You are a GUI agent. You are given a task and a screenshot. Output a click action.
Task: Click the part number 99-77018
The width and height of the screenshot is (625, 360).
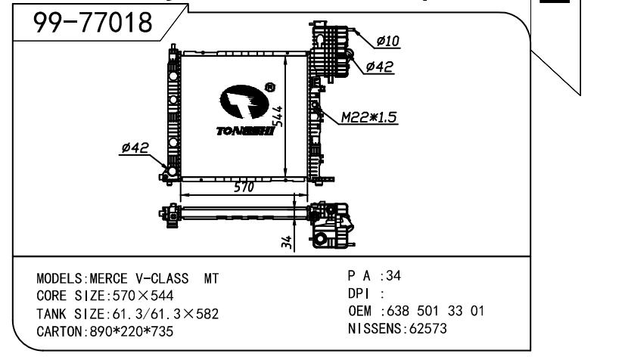(92, 22)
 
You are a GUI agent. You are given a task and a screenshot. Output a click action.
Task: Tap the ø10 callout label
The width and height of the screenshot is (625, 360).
(388, 41)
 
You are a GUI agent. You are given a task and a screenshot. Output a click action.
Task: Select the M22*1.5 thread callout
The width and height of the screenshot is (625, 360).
(369, 117)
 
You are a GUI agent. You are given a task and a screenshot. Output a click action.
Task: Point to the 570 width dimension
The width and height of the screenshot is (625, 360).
(244, 187)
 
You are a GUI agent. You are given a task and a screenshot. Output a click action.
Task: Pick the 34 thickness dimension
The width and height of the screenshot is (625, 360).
(286, 242)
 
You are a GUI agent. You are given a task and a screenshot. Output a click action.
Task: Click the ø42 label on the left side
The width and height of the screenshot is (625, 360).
(135, 147)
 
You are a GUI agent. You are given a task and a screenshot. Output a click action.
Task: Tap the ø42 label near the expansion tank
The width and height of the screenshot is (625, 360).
(380, 67)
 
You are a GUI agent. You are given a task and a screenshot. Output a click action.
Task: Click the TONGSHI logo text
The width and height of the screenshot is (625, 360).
(245, 131)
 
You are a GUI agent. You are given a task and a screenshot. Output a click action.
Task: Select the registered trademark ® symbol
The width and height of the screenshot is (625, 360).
(270, 87)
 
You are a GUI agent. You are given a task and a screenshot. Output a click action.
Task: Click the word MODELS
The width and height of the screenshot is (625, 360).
(59, 278)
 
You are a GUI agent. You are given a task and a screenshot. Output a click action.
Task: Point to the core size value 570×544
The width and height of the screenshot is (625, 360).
(143, 296)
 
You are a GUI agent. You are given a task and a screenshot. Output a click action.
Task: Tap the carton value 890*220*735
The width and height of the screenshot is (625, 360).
(132, 331)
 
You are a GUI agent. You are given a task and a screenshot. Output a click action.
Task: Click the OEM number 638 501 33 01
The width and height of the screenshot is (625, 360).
(436, 311)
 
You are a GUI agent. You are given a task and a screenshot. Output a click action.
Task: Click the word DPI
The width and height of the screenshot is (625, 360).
(359, 294)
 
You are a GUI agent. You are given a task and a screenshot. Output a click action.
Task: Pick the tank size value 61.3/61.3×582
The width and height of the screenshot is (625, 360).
(166, 314)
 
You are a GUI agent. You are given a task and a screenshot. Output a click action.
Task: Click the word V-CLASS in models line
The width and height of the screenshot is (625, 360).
(162, 278)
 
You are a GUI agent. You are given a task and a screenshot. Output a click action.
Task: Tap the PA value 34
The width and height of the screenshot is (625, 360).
(393, 275)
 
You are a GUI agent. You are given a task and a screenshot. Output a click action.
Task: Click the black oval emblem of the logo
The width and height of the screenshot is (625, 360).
(244, 102)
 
